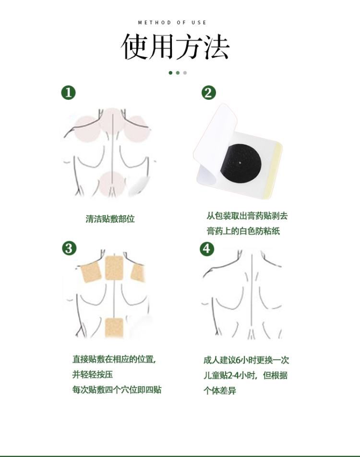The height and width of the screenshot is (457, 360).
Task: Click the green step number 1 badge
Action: click(x=68, y=93)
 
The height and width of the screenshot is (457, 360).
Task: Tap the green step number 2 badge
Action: click(x=209, y=93)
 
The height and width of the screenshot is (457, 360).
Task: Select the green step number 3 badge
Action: click(x=69, y=248)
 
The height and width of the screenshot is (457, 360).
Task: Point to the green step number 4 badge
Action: click(x=207, y=248)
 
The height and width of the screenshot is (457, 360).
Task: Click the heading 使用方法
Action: click(x=175, y=47)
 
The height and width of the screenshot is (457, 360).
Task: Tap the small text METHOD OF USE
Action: click(x=172, y=23)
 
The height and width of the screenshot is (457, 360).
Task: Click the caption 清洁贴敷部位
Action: click(x=110, y=219)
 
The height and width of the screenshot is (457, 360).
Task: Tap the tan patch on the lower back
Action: click(x=114, y=328)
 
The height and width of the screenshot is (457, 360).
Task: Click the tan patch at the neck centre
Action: click(x=115, y=268)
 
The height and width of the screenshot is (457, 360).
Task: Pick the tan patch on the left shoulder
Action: click(x=91, y=273)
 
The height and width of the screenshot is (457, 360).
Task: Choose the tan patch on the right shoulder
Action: click(x=137, y=273)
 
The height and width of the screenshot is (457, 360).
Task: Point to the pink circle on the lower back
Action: click(x=112, y=184)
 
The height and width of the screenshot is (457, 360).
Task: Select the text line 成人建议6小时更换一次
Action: click(x=246, y=360)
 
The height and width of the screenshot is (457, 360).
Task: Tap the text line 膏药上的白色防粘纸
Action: click(x=243, y=231)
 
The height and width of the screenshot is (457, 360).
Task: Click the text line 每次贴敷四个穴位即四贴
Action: click(x=117, y=389)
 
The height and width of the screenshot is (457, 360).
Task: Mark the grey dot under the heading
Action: click(x=185, y=73)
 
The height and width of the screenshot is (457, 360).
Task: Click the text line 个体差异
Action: click(x=220, y=390)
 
